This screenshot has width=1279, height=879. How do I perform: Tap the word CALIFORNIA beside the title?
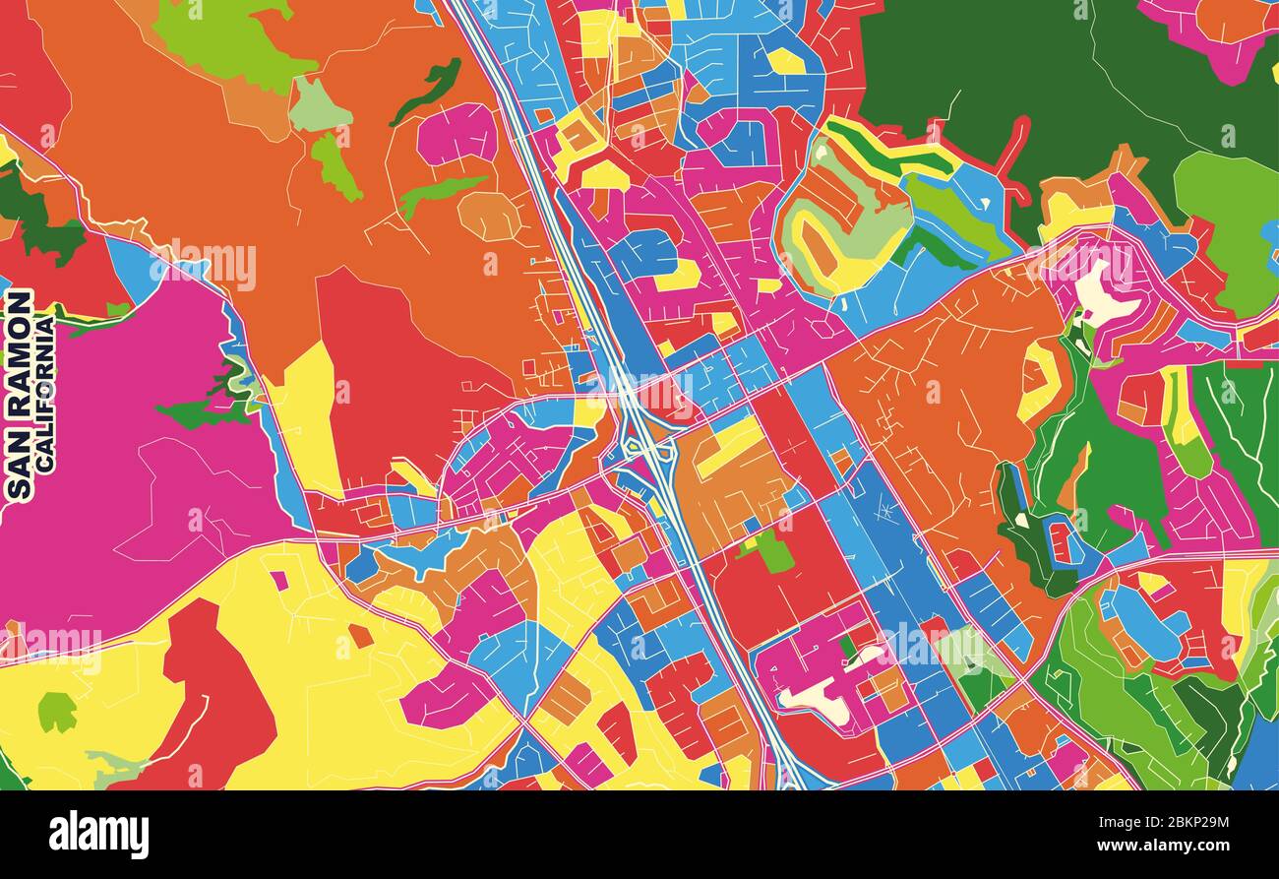click(x=45, y=393)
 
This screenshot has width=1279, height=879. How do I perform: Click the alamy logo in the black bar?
click(x=98, y=835)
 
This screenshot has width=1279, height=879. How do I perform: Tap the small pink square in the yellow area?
click(x=279, y=581)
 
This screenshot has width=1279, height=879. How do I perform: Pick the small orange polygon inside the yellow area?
click(x=360, y=636)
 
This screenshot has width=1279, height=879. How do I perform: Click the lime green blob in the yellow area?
click(x=57, y=711)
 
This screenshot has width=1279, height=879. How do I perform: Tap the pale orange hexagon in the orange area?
click(x=489, y=217)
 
